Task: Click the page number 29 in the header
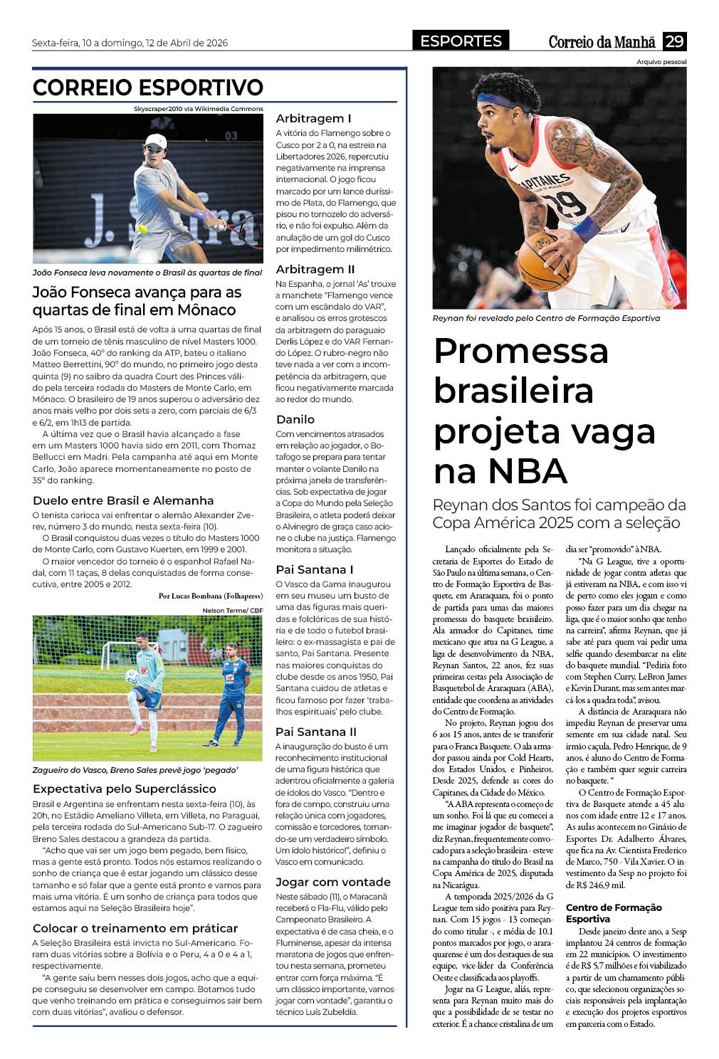pos(674,41)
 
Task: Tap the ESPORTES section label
pos(461,41)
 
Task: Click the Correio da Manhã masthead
pos(602,42)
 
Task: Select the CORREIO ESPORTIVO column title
pos(148,88)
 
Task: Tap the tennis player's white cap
pos(155,140)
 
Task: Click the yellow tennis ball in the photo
pos(143,229)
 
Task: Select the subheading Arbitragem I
pos(313,118)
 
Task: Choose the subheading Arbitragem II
pos(315,269)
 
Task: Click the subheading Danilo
pos(295,419)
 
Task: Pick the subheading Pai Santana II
pos(316,732)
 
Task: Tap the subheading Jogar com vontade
pos(333,882)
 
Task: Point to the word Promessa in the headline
pos(521,351)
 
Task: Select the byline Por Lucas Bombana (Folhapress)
pos(210,596)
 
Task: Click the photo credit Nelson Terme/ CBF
pos(232,610)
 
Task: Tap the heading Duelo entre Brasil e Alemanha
pos(123,500)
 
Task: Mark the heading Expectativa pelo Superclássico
pos(125,789)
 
